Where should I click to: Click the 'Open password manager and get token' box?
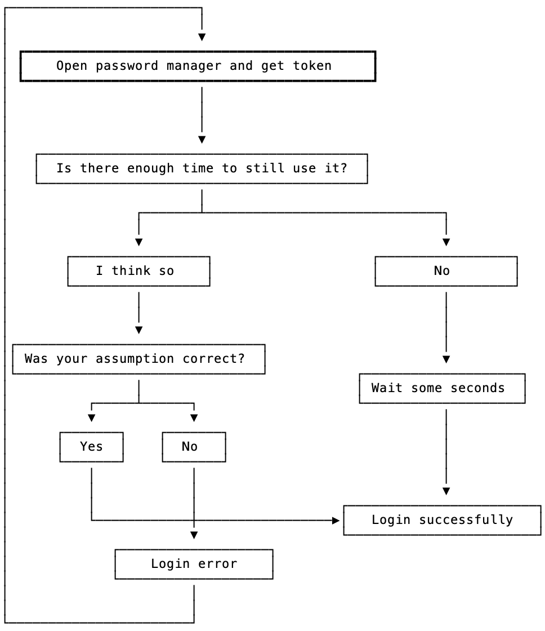click(x=198, y=66)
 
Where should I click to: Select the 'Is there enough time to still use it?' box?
click(x=202, y=168)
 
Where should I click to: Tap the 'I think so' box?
click(x=139, y=271)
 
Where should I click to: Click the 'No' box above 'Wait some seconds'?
click(x=446, y=271)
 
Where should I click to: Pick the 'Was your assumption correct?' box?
click(x=139, y=359)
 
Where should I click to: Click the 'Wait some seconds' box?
click(x=442, y=388)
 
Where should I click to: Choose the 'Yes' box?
click(x=91, y=447)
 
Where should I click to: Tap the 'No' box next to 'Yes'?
click(x=194, y=447)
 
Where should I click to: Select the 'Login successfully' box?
click(x=442, y=520)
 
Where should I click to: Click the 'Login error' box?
click(x=194, y=564)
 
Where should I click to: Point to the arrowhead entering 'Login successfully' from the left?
click(x=336, y=521)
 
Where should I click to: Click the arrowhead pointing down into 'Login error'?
click(x=194, y=535)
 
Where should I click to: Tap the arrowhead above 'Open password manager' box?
click(x=202, y=37)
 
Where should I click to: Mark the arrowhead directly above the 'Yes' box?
click(x=91, y=418)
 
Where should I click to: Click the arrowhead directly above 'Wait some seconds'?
click(x=446, y=359)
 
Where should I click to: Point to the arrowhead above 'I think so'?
click(x=139, y=242)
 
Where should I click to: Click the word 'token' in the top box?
click(x=312, y=66)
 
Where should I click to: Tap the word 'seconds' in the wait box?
click(x=477, y=388)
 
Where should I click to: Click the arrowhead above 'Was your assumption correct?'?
click(x=139, y=330)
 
